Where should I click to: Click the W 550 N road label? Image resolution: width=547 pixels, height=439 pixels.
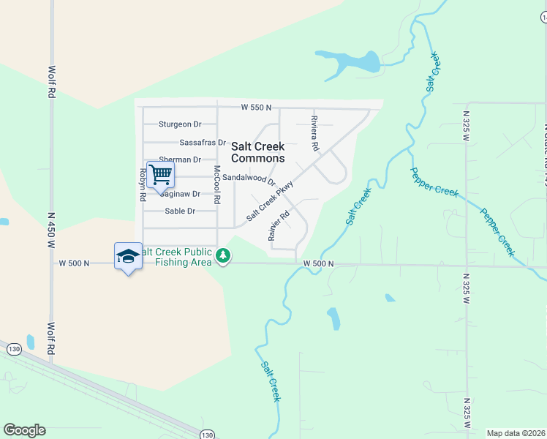(256, 108)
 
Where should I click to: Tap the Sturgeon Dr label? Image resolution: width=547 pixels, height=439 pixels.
(179, 124)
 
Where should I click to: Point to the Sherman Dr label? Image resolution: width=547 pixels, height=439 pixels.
(180, 160)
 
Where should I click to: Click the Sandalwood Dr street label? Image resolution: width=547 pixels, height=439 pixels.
(249, 178)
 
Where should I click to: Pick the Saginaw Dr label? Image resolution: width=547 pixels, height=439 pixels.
(180, 194)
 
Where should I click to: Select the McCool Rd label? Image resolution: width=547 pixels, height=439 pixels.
(216, 184)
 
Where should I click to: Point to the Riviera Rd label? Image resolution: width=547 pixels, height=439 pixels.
(315, 133)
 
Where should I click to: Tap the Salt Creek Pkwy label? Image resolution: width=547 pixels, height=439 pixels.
(270, 200)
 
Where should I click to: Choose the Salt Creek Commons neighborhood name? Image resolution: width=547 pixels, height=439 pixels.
(257, 152)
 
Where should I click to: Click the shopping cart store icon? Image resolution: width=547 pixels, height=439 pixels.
(160, 175)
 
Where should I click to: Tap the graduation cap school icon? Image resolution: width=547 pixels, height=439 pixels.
(127, 255)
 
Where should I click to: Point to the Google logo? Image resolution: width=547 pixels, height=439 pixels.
(24, 430)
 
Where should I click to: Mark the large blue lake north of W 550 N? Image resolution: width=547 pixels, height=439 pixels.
(351, 61)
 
